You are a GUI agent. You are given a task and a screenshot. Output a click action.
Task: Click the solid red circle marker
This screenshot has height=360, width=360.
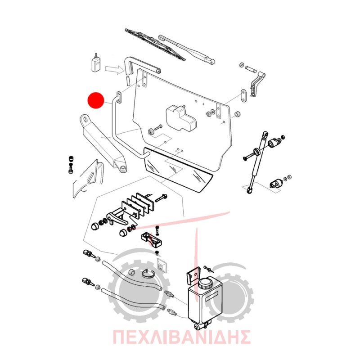[x=96, y=100]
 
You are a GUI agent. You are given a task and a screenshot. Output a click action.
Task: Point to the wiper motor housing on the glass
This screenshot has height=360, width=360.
[x=181, y=118]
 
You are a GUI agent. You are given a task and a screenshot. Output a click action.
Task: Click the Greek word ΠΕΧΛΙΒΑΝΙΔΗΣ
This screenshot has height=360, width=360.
[x=181, y=337]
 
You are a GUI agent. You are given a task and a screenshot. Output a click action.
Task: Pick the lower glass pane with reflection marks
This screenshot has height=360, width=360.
[x=178, y=169]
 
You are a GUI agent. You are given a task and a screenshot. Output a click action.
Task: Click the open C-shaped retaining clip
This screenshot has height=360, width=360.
[x=148, y=273]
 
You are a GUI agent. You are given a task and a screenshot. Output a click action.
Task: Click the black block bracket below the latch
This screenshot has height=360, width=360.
[x=152, y=239]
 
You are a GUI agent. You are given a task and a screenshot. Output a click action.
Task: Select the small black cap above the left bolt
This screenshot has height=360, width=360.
[x=71, y=159]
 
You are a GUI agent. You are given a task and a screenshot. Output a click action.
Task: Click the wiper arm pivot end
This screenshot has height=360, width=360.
[x=211, y=61]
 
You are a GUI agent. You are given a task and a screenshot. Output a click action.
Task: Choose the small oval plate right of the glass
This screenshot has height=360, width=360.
[x=243, y=96]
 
